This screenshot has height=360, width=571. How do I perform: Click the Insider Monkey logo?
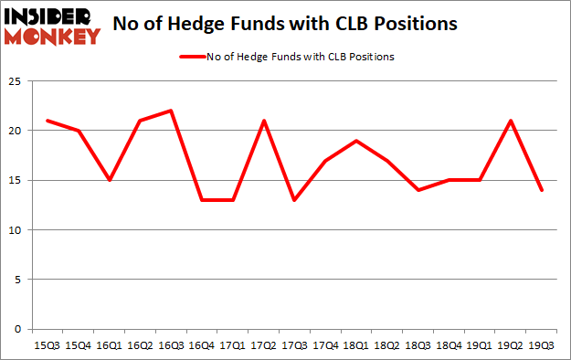pos(52,25)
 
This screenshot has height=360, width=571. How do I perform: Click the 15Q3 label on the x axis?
pos(48,344)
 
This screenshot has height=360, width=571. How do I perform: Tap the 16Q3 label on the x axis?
pos(171,344)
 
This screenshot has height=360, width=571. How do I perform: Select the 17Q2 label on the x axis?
pos(263,344)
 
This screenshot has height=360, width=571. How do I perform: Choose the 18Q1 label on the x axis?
pos(355,344)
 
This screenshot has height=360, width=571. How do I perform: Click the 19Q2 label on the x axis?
pos(509,344)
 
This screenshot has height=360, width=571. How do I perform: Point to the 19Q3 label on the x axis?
pos(540,344)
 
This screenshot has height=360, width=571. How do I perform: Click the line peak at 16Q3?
pos(171,111)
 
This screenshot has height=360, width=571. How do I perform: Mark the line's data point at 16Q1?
pos(110,180)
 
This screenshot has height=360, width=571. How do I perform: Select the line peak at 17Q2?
pos(263,121)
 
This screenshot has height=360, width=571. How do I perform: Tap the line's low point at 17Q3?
pos(294,200)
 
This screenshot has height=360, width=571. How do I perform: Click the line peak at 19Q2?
pos(509,121)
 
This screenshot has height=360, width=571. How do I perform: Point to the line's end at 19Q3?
pos(540,190)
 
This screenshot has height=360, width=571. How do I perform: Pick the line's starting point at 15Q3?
pos(48,121)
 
